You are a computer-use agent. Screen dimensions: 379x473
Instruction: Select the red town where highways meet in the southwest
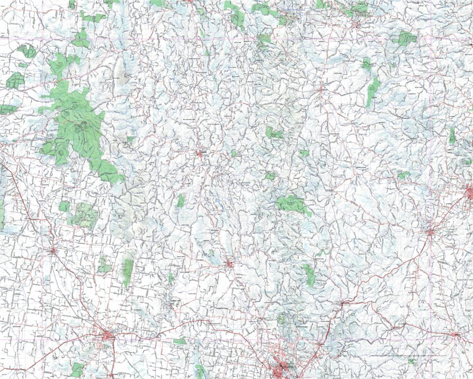(x=108, y=336)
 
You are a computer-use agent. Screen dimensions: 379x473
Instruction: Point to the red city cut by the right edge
(x=469, y=191)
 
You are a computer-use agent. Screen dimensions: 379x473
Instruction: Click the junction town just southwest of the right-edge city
(x=431, y=231)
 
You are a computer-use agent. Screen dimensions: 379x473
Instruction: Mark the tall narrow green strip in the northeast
(x=373, y=91)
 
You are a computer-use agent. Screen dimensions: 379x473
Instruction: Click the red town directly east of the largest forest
(x=200, y=154)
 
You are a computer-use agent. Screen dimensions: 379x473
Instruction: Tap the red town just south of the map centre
(x=229, y=265)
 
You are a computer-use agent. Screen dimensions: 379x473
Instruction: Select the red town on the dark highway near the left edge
(x=53, y=251)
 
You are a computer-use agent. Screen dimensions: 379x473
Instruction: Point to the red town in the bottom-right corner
(x=456, y=335)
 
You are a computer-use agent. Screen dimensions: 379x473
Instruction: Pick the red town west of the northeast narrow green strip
(x=322, y=90)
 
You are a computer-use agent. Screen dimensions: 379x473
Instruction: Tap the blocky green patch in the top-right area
(x=407, y=37)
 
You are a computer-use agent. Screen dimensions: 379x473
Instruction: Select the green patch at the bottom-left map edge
(x=77, y=369)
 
